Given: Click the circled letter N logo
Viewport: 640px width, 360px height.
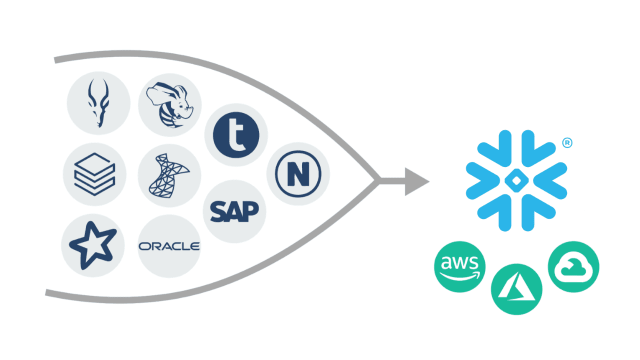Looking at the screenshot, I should [x=298, y=174].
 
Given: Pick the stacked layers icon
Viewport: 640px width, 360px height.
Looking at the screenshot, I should [x=94, y=174].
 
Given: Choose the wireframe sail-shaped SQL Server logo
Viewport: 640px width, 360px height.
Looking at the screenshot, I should [x=169, y=175].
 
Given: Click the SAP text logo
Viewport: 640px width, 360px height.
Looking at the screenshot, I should [x=234, y=211].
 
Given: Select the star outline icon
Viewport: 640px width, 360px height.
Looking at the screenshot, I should [x=93, y=246].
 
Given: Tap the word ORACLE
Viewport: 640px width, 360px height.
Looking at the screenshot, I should [x=169, y=246].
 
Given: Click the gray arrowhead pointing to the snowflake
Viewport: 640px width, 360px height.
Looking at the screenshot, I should [x=416, y=181].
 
